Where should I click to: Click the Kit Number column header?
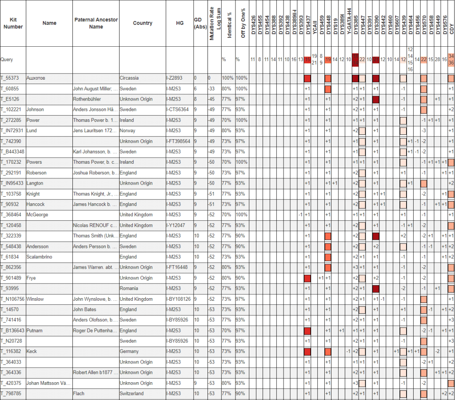(13, 23)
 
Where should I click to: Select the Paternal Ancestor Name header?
(96, 23)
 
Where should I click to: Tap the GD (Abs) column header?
(200, 23)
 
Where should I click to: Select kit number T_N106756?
(13, 299)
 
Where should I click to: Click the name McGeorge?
(37, 214)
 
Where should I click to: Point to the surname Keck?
(32, 352)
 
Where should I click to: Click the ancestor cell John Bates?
(84, 309)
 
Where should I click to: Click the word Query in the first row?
(7, 59)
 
